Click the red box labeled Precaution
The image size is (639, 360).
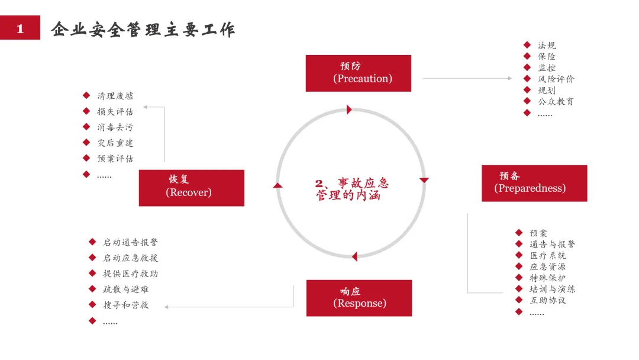coord(358,73)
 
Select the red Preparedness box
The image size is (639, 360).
coord(534,183)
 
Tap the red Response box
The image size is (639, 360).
coord(359,298)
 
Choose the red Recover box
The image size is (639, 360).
coord(191,188)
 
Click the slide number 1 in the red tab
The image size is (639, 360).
coord(20,28)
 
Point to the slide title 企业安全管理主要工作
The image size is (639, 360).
coord(143,29)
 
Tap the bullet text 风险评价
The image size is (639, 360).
coord(556,79)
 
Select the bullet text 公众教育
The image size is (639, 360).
coord(556,101)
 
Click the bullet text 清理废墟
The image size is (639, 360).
coord(115,96)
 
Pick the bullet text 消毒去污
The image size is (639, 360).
coord(115,127)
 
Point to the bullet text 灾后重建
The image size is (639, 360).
coord(115,143)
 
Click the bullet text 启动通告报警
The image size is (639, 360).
coord(130,242)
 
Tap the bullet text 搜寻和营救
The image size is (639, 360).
coord(125,305)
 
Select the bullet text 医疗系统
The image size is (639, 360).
coord(548,255)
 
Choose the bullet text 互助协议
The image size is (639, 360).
coord(548,300)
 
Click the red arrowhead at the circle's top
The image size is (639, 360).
coord(349,110)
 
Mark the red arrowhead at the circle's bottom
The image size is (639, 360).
coord(354,256)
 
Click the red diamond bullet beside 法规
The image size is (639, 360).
coord(527,45)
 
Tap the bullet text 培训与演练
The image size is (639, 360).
coord(552,289)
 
